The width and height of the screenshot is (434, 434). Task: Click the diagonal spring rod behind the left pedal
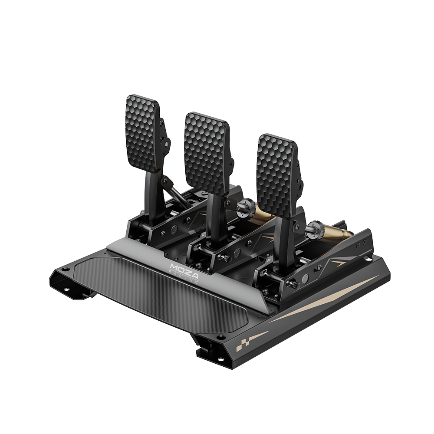(174, 191)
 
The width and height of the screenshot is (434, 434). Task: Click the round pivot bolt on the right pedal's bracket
(305, 278)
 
